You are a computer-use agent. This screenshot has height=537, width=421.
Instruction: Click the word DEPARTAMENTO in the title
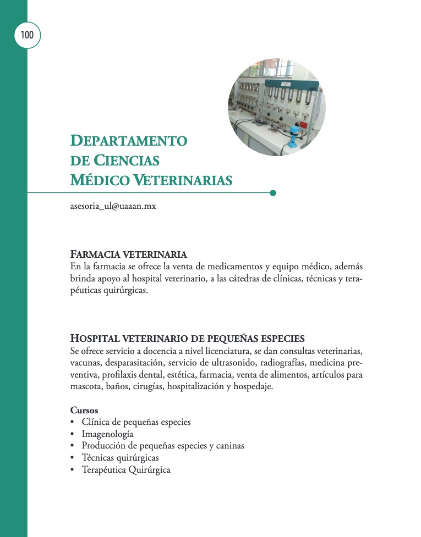pos(129,141)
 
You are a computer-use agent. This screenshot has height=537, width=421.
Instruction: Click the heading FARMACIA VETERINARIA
pos(129,254)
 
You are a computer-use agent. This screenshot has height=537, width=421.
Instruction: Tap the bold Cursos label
pos(84,410)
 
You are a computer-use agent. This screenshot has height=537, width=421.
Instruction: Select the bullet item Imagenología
pos(107,434)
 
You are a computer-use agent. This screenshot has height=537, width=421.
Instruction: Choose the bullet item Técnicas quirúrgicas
pos(120,458)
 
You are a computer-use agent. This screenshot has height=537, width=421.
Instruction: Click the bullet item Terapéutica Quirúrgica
pos(126,470)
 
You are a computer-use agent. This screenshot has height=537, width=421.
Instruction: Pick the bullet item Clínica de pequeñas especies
pos(136,422)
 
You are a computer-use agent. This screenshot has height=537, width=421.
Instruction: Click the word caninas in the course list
pos(229,446)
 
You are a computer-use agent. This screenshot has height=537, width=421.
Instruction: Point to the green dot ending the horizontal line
pos(273,193)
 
